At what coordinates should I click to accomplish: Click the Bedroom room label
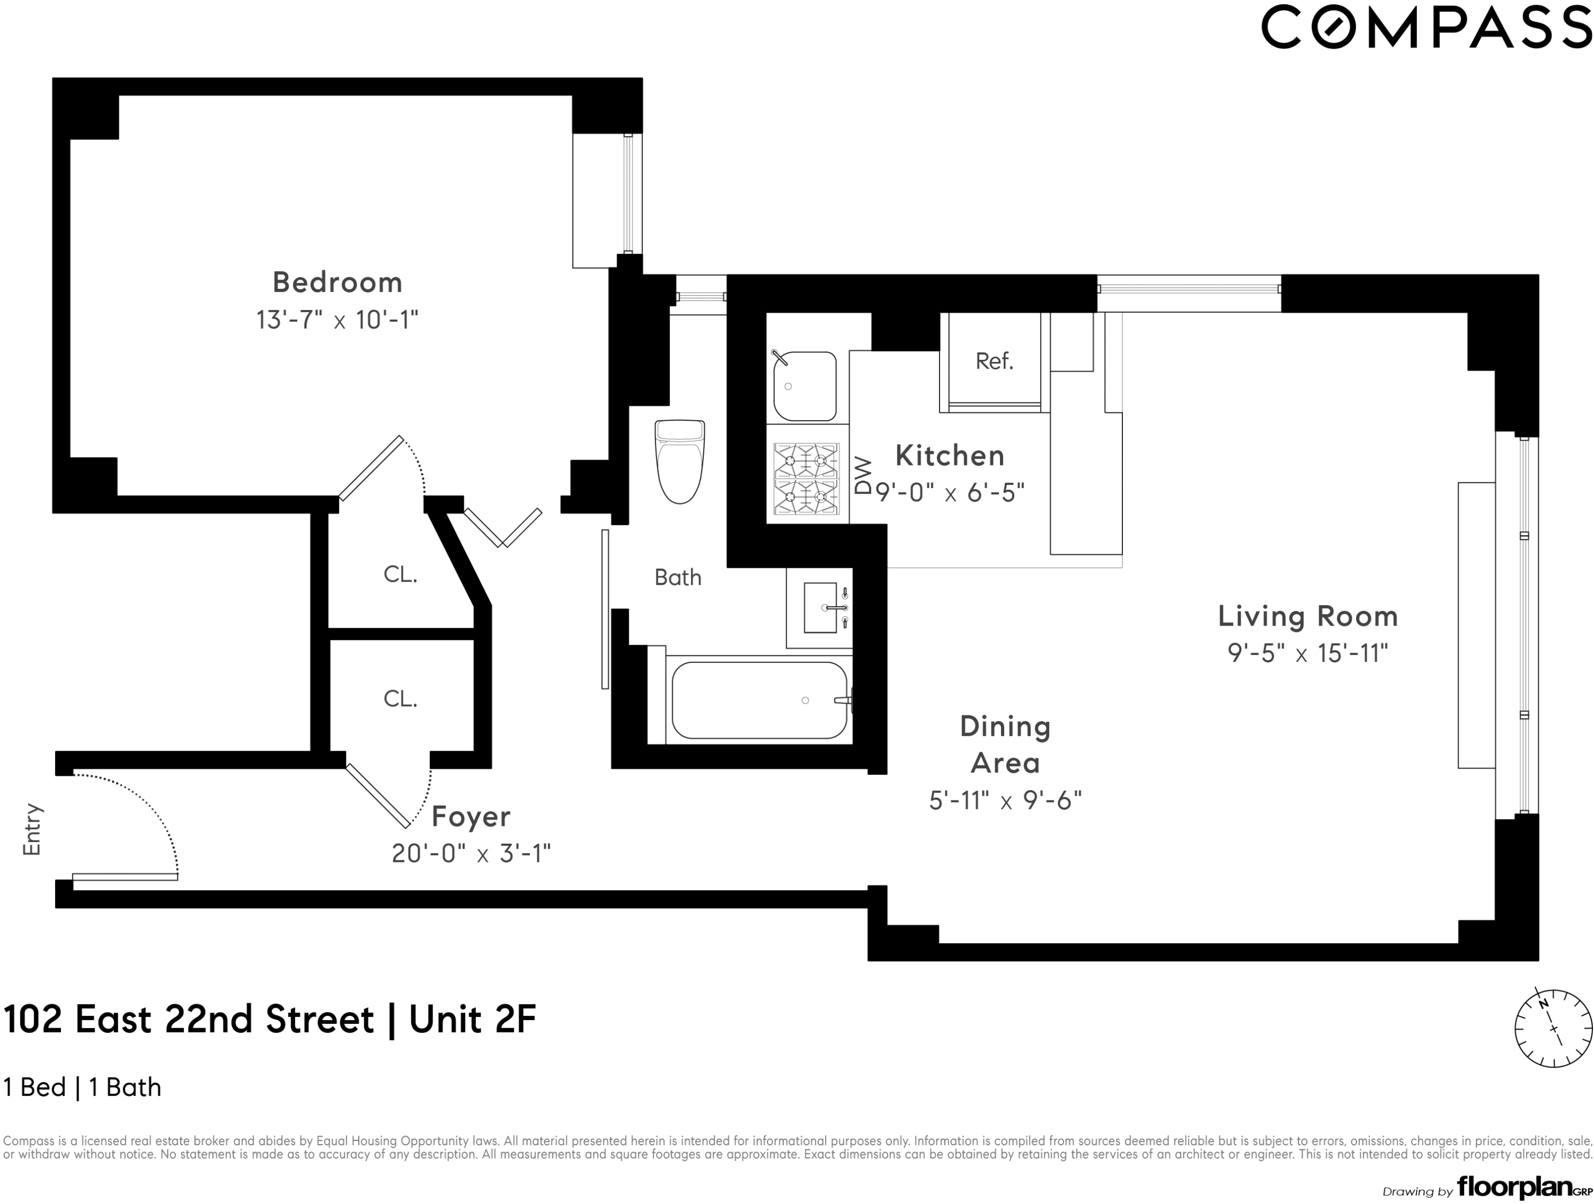(x=337, y=282)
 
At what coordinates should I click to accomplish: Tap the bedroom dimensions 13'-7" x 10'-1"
(x=337, y=320)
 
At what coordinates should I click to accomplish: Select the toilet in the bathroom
(x=680, y=462)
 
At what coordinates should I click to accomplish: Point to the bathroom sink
(x=821, y=607)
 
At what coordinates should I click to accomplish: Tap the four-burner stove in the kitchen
(x=806, y=478)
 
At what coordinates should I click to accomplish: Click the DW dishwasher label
(x=863, y=475)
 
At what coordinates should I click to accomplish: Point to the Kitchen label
(x=950, y=456)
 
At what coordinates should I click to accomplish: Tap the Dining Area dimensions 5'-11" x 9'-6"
(x=1005, y=800)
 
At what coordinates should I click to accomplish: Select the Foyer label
(x=471, y=817)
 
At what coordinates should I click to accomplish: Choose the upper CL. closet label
(x=400, y=574)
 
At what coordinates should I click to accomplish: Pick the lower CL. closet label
(x=400, y=699)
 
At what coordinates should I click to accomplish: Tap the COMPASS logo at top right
(x=1426, y=27)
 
